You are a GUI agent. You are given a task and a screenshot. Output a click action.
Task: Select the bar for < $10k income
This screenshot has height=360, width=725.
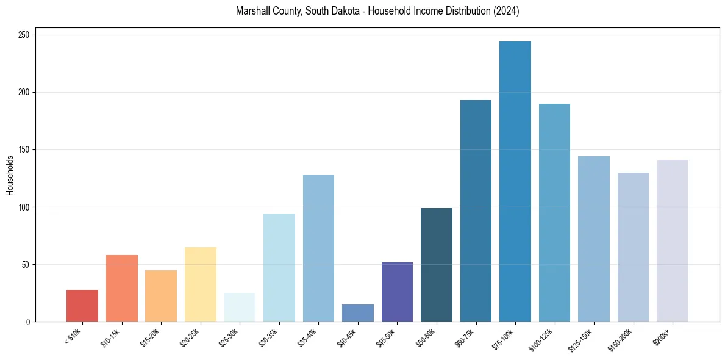tap(82, 306)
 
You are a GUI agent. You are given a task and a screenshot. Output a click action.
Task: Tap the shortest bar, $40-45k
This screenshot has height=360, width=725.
tap(358, 313)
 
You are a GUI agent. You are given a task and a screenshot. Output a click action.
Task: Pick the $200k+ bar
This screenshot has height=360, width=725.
tap(673, 240)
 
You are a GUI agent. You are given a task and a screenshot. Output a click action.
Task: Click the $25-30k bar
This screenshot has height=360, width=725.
tap(240, 308)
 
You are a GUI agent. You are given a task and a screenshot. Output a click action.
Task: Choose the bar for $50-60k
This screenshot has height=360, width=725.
tap(437, 265)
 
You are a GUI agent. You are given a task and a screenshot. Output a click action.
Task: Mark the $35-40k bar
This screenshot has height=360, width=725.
tap(318, 248)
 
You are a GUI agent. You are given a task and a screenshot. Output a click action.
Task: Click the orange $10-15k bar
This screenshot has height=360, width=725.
tap(122, 288)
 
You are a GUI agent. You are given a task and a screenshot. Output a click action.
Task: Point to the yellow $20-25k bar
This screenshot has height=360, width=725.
tap(201, 284)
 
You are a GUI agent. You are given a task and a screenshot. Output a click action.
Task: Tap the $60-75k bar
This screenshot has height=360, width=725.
tap(476, 211)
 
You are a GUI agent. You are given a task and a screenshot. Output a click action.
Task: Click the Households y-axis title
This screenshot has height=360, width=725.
tap(10, 175)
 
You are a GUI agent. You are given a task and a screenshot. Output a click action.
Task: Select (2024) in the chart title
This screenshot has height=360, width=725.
tap(507, 12)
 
